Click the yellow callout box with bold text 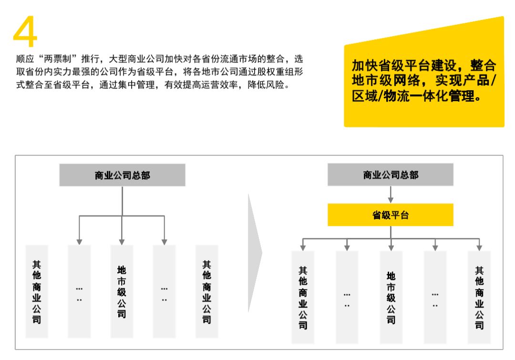coord(424,74)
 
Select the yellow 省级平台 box coord(390,215)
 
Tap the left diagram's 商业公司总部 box coord(122,175)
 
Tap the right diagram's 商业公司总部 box coord(390,175)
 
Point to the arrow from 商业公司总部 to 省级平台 coord(391,195)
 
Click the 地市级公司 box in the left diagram coord(122,291)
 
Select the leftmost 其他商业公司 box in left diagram coord(37,291)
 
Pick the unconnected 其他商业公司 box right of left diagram coord(206,291)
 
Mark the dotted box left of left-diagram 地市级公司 coord(79,291)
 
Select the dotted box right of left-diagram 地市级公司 coord(164,291)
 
